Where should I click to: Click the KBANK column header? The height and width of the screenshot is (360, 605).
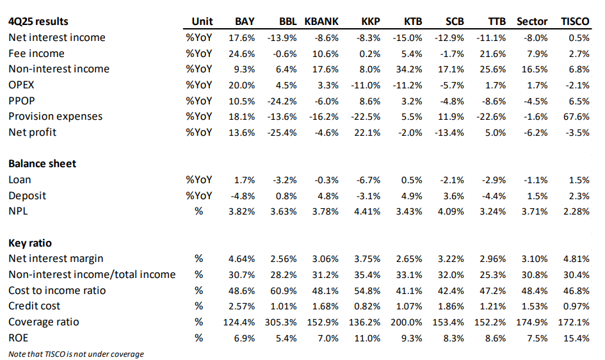[321, 22]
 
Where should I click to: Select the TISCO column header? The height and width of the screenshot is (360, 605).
[575, 22]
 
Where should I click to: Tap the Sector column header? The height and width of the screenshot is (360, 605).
[532, 22]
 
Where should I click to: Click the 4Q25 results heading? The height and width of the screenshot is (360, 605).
[38, 22]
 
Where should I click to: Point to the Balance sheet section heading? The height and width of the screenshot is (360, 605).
[42, 163]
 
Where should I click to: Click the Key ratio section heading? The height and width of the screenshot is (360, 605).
[30, 243]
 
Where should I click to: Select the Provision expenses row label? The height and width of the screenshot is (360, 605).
[56, 117]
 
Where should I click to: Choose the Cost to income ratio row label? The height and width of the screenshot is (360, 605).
[57, 291]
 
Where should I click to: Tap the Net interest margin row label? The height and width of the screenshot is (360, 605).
[56, 259]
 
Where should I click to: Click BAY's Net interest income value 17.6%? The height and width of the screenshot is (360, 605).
[241, 38]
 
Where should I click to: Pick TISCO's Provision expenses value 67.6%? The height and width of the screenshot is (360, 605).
[576, 117]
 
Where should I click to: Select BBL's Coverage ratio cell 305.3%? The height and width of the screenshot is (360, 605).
[280, 322]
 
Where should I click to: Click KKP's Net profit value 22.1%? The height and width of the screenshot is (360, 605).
[367, 133]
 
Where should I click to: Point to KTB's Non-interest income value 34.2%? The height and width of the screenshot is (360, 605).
[409, 69]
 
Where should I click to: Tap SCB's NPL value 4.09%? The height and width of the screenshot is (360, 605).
[451, 212]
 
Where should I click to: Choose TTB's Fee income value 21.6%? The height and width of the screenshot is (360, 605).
[493, 54]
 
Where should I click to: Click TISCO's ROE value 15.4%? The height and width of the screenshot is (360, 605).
[576, 338]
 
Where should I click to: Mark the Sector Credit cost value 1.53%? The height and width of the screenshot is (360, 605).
[535, 306]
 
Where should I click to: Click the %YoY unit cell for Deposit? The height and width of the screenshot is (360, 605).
[198, 196]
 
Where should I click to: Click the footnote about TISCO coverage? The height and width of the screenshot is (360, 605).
[76, 354]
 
